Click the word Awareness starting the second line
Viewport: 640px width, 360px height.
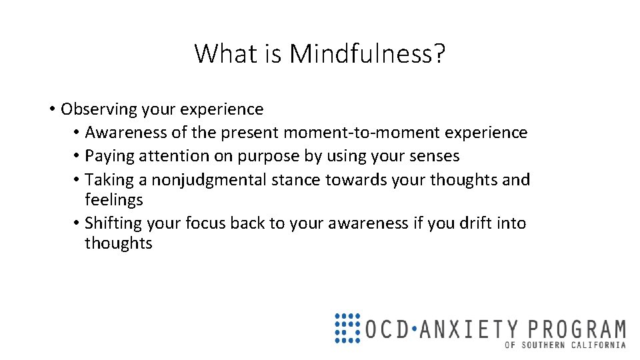[x=127, y=133]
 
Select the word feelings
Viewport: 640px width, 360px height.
[x=113, y=200]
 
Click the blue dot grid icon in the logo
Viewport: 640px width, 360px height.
[x=347, y=328]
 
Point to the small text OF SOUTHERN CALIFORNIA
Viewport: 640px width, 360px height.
[x=565, y=345]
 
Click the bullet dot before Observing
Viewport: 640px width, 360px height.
[x=51, y=109]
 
